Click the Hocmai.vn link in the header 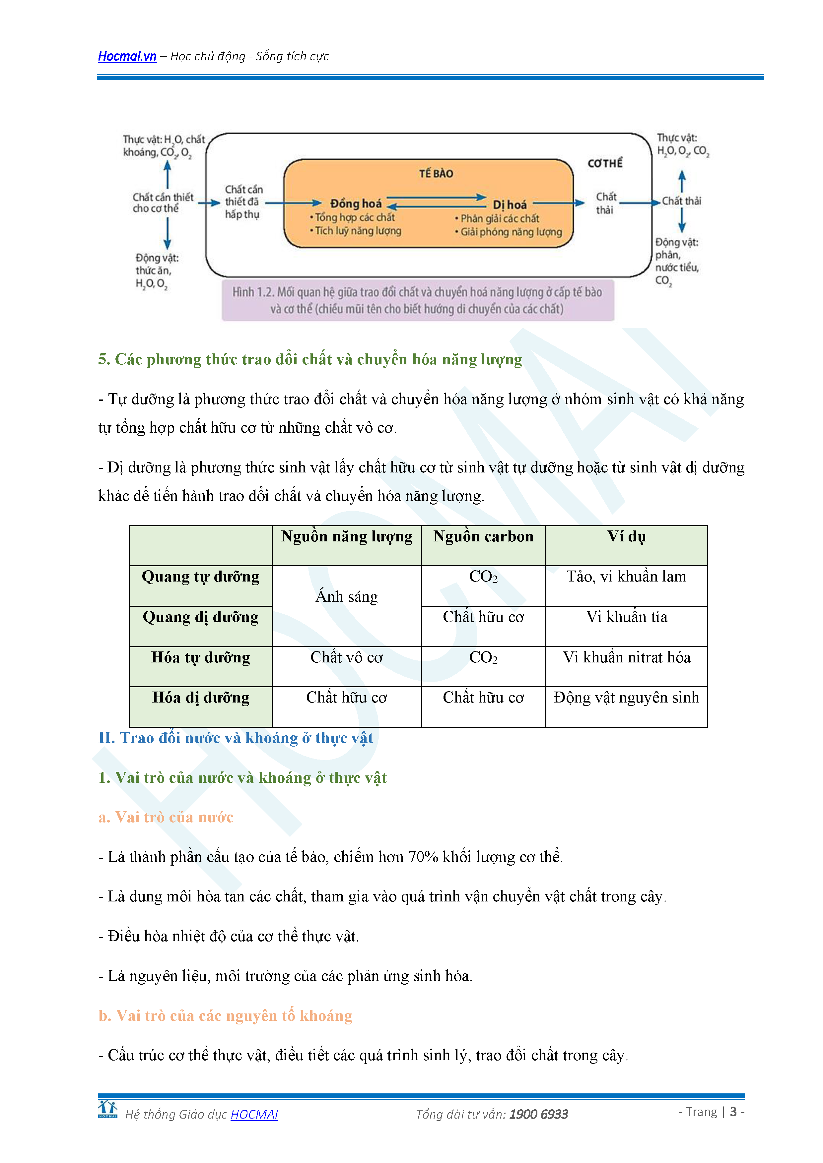click(127, 56)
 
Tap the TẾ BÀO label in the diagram click(436, 174)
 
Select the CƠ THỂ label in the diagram click(605, 163)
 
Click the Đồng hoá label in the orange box click(356, 204)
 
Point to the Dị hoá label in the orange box click(510, 205)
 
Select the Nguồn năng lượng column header click(347, 536)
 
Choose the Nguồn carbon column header click(483, 536)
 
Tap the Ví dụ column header click(626, 536)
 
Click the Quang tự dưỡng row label click(201, 577)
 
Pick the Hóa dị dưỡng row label click(201, 698)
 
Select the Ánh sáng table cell click(347, 597)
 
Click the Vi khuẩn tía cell click(626, 617)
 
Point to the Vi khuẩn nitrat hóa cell click(626, 657)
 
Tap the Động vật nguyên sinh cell click(626, 698)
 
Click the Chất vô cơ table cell click(347, 657)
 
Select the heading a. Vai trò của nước click(166, 817)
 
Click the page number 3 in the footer click(733, 1112)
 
